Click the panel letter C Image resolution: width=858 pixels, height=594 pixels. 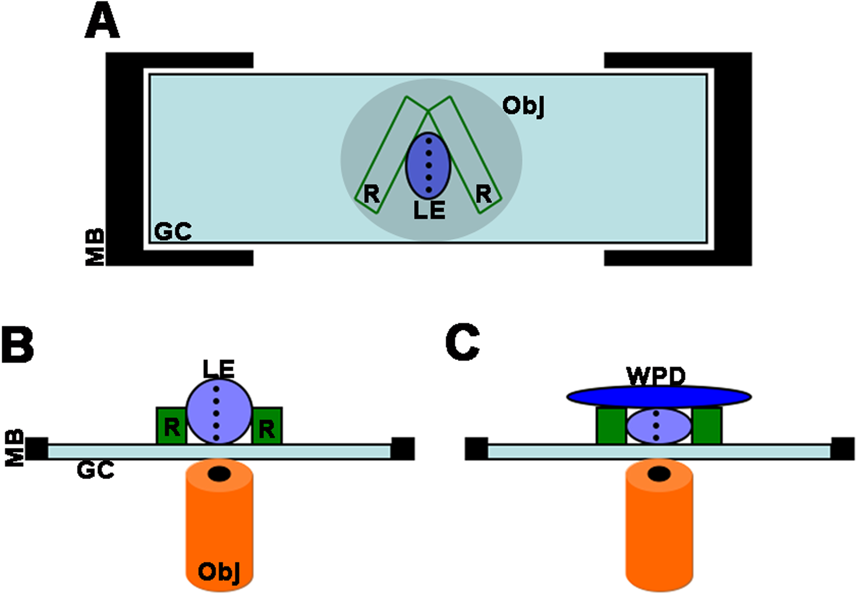click(x=462, y=343)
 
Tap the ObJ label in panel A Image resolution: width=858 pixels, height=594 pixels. click(x=523, y=107)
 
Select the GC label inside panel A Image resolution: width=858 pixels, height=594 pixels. click(x=172, y=232)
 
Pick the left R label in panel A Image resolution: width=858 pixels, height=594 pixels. click(x=371, y=194)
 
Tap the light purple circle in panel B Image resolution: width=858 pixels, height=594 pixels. click(x=219, y=411)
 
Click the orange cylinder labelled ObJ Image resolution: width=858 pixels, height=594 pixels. click(x=219, y=528)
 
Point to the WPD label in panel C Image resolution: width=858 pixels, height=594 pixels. click(x=656, y=377)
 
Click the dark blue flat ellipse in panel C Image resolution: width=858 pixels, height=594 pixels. click(x=659, y=397)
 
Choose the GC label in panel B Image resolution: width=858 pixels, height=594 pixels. click(x=95, y=470)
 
